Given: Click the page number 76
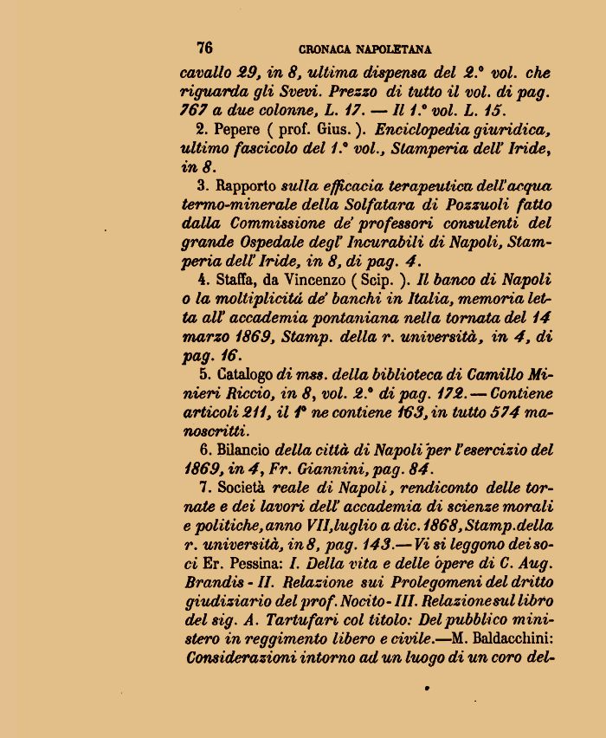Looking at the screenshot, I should tap(205, 48).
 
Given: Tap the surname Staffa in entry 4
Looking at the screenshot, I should tap(233, 281).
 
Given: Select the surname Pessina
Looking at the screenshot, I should tap(255, 564).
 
